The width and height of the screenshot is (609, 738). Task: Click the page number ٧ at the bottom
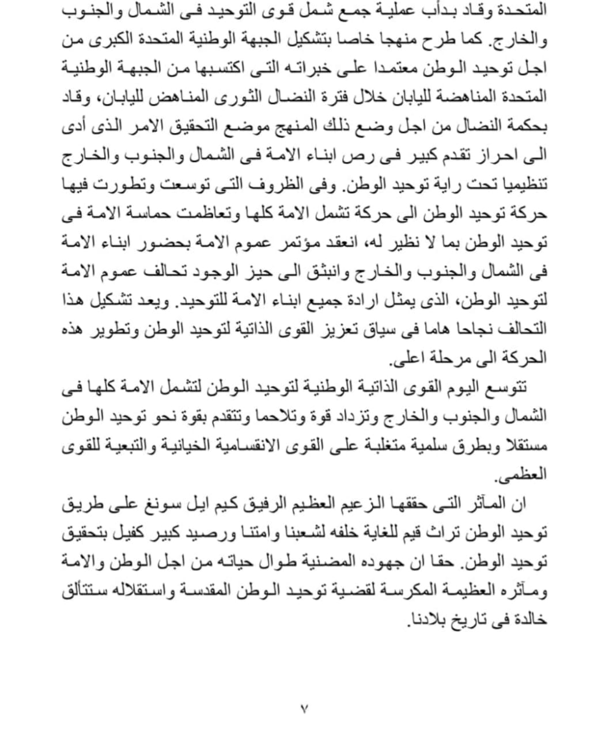click(304, 708)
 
